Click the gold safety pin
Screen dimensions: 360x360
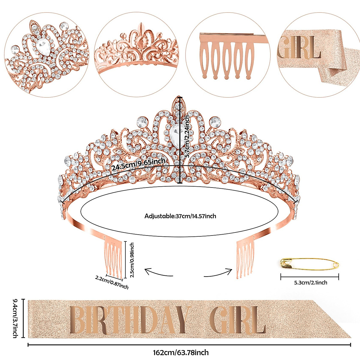coord(309,264)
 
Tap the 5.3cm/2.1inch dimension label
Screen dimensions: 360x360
coord(310,282)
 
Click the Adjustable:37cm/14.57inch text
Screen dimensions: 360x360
coord(180,216)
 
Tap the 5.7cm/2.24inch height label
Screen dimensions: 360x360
coord(187,136)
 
